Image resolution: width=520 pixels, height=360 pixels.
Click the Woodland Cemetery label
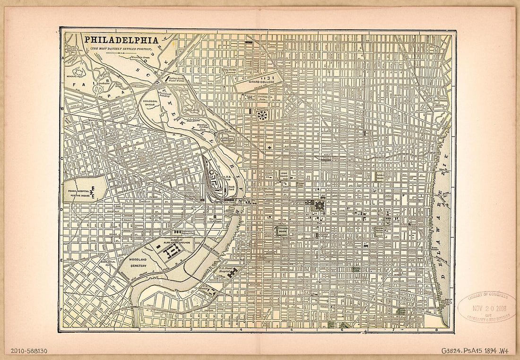137,263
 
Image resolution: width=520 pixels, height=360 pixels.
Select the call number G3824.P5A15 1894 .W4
474,351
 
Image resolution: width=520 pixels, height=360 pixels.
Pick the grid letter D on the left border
61,208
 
